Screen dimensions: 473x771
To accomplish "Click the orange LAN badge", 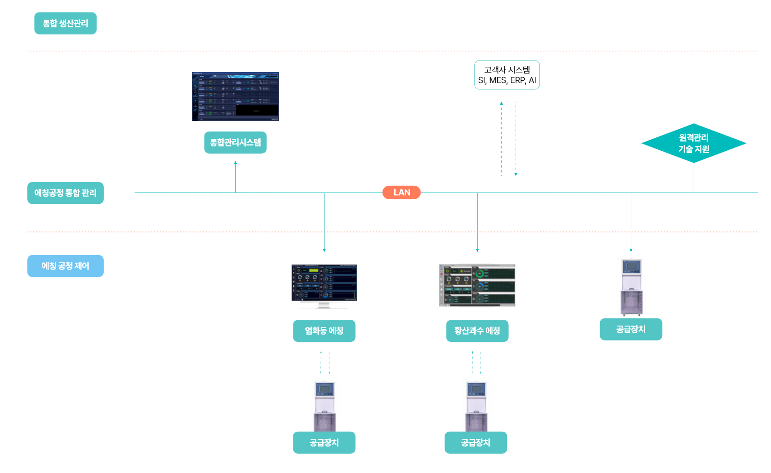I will click(401, 193).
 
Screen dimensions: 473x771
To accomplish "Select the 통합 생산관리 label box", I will click(65, 24).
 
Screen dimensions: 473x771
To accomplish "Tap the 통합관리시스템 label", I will click(235, 143).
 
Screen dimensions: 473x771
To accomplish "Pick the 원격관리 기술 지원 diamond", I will click(694, 143).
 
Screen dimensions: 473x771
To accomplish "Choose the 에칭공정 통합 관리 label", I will click(65, 193).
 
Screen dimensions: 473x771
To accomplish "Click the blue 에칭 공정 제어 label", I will click(65, 266).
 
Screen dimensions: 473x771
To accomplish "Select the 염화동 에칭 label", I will click(324, 331).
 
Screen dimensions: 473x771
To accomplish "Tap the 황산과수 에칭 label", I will click(477, 331).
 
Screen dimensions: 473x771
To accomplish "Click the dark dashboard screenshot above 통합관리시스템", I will click(235, 97).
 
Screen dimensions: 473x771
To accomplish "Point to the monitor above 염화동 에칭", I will click(324, 286).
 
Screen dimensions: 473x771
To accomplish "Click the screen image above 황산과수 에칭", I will click(477, 286).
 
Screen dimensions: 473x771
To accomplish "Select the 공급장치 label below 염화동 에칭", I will click(324, 442).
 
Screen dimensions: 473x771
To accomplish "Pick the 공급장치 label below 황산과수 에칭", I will click(476, 442).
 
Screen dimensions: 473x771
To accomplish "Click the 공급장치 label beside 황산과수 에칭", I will click(631, 329).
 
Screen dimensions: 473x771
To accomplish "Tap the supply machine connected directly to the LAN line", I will click(631, 286).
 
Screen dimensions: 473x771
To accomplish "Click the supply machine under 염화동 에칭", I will click(325, 404).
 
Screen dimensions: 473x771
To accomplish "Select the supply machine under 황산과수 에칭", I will click(476, 404).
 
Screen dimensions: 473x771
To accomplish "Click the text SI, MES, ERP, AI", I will click(507, 81).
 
